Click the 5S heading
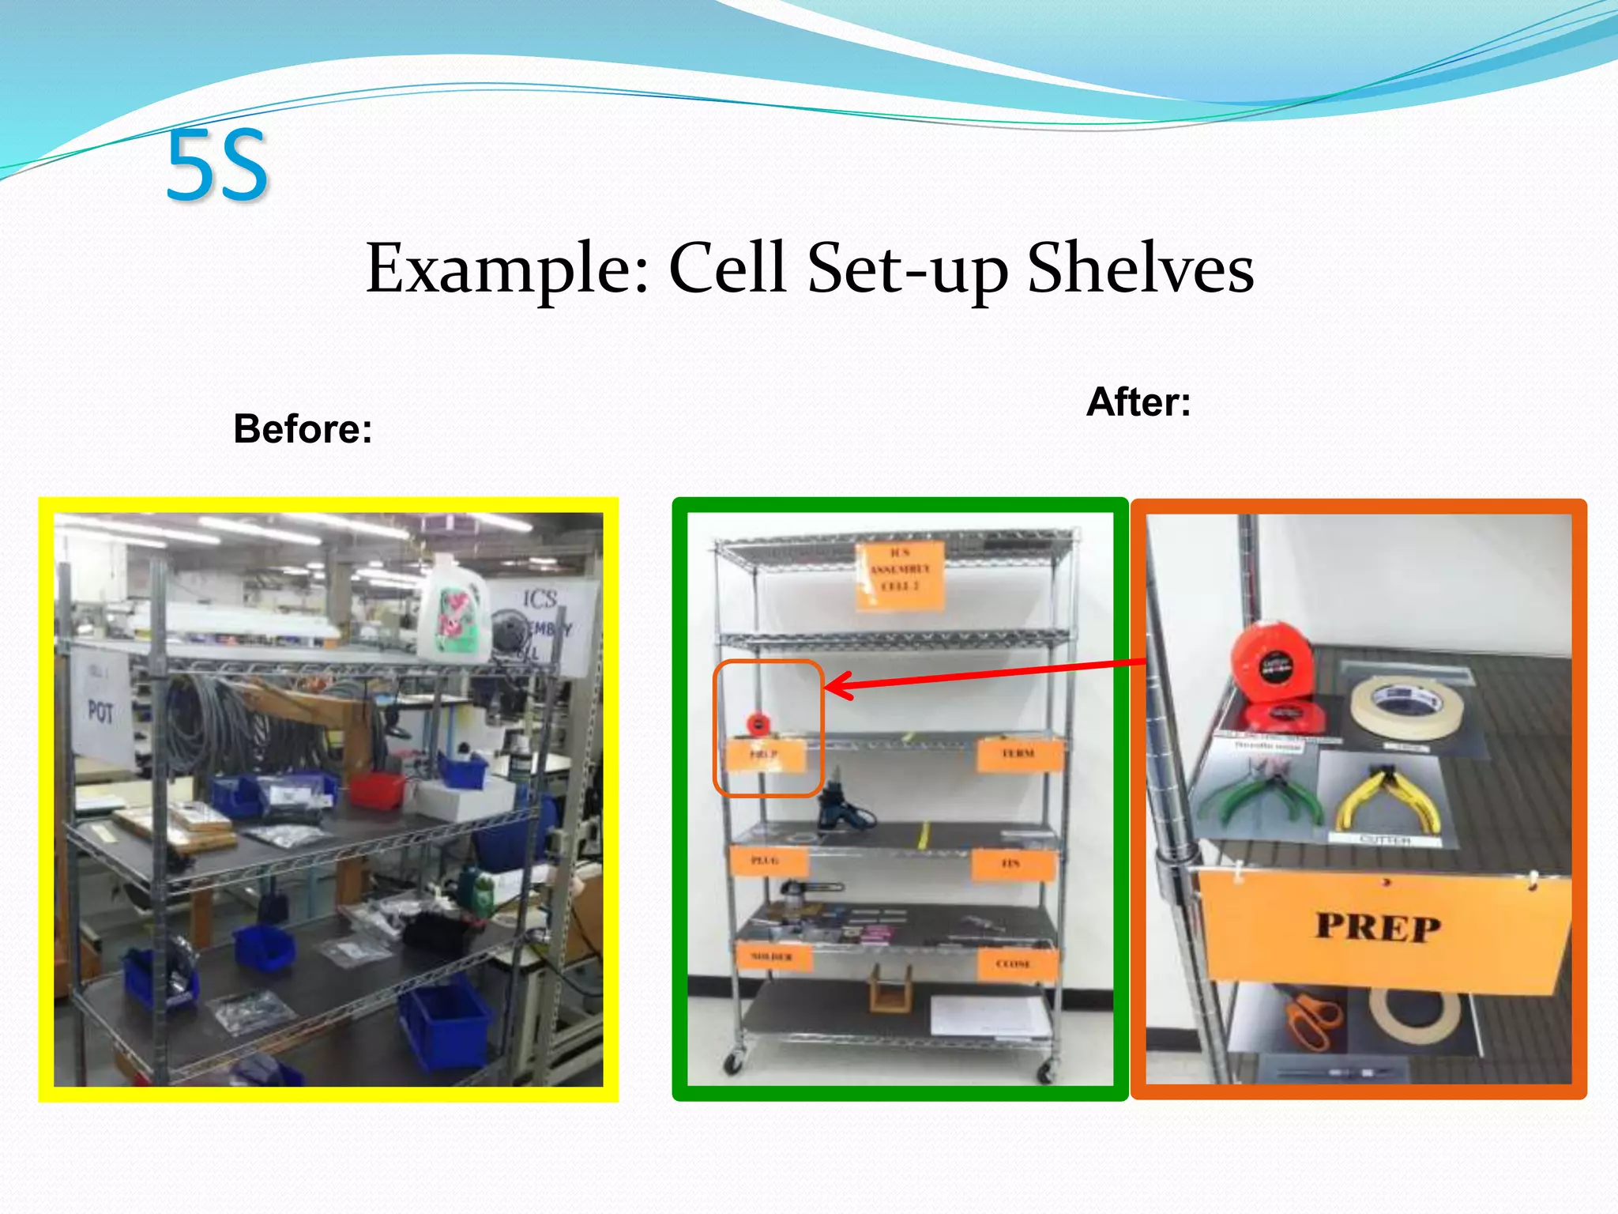tap(217, 166)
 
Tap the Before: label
tap(303, 429)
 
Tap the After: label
tap(1138, 402)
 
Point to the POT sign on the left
tap(101, 711)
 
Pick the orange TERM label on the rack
tap(1018, 754)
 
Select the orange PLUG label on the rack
tap(766, 861)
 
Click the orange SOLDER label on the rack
tap(773, 957)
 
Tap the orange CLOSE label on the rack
tap(1014, 964)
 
